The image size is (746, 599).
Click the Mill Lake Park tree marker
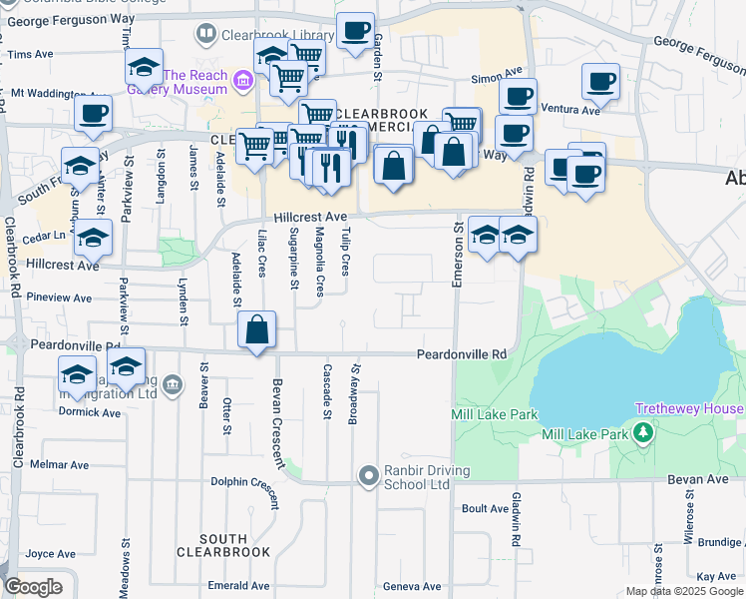pos(645,433)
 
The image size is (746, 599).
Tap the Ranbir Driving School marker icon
pos(369,474)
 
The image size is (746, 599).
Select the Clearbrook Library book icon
pos(205,34)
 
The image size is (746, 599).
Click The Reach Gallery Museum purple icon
pos(240,80)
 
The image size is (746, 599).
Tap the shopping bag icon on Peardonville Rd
pos(257,328)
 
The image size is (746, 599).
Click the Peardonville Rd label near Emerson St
pos(461,354)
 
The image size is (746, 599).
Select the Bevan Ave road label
pos(709,479)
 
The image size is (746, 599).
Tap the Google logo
pos(33,587)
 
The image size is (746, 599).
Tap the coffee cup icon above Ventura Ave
pos(600,81)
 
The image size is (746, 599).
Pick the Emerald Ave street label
pos(238,586)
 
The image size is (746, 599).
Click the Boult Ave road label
pos(486,509)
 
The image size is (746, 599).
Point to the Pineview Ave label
pos(59,298)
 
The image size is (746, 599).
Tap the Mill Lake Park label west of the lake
pos(495,415)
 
